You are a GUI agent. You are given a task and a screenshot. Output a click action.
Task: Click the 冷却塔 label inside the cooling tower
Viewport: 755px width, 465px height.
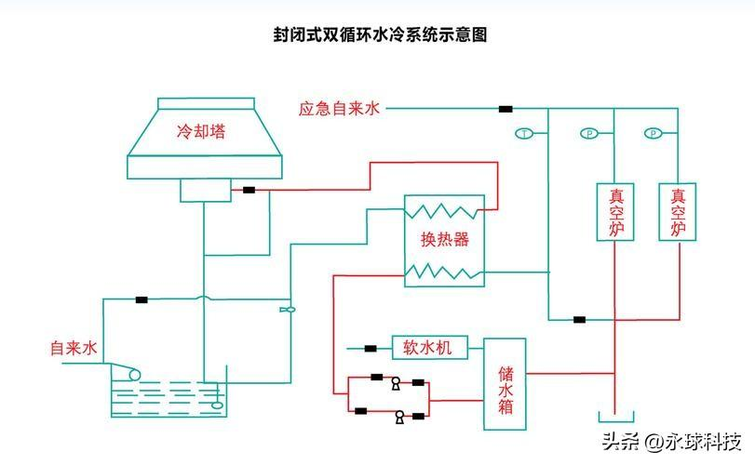click(x=201, y=132)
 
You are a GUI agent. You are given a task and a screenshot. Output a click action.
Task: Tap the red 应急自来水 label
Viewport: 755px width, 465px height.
click(x=340, y=109)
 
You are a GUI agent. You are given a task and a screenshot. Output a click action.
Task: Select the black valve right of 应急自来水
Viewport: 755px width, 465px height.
click(x=506, y=109)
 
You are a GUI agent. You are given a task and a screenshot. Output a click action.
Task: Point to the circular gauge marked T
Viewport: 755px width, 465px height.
click(x=525, y=134)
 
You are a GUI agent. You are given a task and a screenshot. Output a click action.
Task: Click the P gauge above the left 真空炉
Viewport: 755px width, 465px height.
click(x=589, y=134)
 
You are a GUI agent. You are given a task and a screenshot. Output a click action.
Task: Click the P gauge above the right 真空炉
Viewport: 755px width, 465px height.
click(x=654, y=134)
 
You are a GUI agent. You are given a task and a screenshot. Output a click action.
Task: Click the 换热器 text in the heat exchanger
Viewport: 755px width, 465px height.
click(x=444, y=240)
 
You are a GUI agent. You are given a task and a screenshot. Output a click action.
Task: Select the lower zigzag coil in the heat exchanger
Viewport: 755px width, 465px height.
click(x=445, y=272)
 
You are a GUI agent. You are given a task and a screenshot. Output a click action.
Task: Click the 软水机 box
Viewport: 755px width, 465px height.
click(x=427, y=348)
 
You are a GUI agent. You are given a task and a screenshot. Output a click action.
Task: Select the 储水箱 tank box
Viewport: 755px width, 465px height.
click(x=505, y=384)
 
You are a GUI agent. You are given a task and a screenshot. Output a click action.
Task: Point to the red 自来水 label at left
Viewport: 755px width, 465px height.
click(x=74, y=349)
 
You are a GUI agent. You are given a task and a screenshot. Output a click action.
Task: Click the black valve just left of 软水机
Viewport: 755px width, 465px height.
click(x=371, y=349)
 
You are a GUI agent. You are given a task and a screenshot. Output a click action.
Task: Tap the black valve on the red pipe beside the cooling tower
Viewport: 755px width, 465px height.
click(x=249, y=190)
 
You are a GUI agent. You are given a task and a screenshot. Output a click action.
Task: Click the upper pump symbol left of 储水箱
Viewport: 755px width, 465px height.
click(x=396, y=381)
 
